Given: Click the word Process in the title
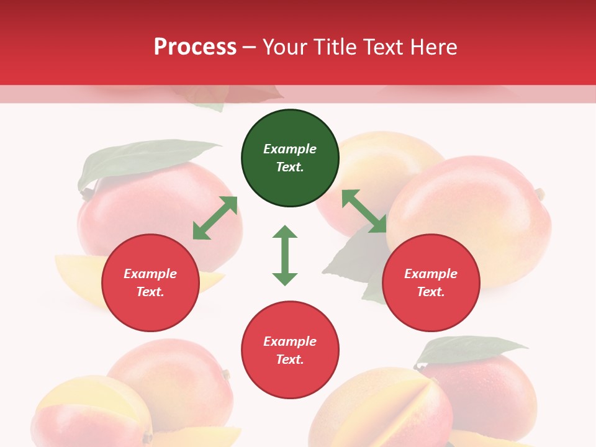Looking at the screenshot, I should [195, 47].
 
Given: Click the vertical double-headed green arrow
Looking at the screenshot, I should [285, 255].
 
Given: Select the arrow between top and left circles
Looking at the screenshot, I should [215, 218].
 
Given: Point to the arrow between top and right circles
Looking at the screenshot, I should [364, 212].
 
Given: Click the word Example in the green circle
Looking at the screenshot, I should [290, 149].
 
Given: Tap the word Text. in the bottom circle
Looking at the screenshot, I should [290, 359].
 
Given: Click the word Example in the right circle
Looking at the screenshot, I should [431, 274].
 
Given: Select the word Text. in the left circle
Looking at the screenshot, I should [150, 292].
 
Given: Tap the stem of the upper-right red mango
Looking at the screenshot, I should [540, 194].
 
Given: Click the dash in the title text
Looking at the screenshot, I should [250, 47].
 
